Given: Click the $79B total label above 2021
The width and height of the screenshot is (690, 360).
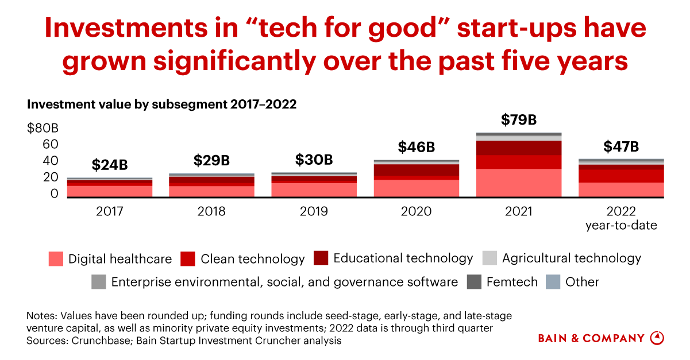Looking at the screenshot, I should click(519, 120).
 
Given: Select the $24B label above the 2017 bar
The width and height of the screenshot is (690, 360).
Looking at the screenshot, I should click(110, 165).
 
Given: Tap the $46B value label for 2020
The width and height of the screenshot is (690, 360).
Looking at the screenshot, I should click(417, 147).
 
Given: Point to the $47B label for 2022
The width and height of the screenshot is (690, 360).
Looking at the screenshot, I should click(621, 147).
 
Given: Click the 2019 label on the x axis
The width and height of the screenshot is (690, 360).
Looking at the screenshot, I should click(314, 212).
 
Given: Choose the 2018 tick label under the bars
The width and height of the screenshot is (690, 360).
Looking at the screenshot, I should click(211, 212).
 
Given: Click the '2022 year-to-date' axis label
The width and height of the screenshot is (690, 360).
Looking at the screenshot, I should click(621, 218).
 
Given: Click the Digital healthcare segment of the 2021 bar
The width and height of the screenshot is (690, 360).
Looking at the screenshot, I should click(519, 183).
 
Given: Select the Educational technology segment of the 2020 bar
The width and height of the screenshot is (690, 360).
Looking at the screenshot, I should click(417, 170).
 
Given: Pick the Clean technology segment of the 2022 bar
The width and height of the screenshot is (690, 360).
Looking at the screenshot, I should click(621, 176).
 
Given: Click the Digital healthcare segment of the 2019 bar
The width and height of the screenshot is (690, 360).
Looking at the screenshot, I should click(314, 189).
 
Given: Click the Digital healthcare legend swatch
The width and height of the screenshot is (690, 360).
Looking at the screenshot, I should click(56, 259).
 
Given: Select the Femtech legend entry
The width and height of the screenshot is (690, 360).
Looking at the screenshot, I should click(511, 282).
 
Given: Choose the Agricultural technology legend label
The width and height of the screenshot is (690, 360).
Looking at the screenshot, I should click(571, 258).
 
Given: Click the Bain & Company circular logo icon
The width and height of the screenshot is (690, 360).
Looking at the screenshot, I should click(657, 338).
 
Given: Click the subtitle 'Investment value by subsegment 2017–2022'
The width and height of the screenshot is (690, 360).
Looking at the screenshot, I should click(161, 104).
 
